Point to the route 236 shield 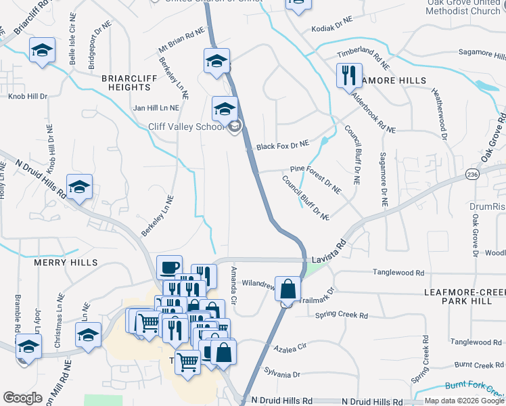[471, 175]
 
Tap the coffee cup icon [169, 267]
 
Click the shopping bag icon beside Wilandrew [288, 288]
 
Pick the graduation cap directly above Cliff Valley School [225, 108]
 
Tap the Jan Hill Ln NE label [156, 108]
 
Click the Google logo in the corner [22, 398]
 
